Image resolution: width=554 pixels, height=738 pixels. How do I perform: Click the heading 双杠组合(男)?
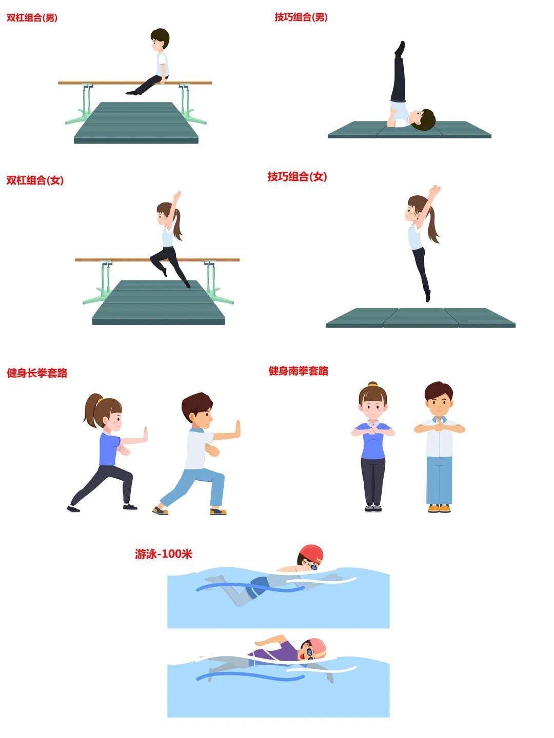pos(32,18)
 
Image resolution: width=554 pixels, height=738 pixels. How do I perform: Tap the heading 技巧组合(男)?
pos(301,17)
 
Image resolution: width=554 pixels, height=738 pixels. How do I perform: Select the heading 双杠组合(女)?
pos(35,180)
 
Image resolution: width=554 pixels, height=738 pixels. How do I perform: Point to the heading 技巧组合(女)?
pos(298,176)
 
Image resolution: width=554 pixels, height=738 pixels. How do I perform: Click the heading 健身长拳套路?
pos(37,373)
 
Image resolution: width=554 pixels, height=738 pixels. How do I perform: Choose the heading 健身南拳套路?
pos(299,371)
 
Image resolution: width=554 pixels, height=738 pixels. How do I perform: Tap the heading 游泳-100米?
pos(164,553)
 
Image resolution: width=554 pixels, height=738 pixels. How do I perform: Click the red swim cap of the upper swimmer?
pos(312,553)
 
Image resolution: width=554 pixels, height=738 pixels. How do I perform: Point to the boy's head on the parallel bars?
pos(160,39)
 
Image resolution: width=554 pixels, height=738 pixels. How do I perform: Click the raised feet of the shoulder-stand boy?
pos(400,48)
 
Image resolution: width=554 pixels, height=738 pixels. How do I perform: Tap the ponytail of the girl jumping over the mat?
pos(433,224)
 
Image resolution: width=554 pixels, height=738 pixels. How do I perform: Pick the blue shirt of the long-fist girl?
pos(109,449)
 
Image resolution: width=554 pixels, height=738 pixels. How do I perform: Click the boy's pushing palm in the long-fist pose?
pos(238,429)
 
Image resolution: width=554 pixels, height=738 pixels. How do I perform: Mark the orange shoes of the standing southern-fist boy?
pos(439,508)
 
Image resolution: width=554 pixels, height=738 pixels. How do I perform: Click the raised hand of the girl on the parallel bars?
pos(177,196)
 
